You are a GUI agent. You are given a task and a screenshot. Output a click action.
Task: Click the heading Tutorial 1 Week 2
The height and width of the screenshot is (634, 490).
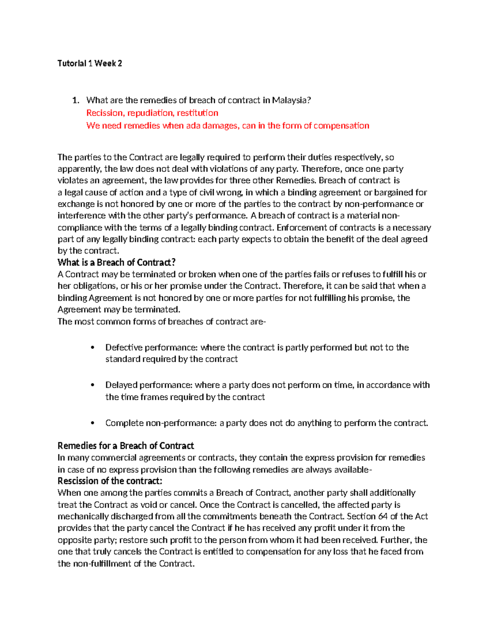pos(90,63)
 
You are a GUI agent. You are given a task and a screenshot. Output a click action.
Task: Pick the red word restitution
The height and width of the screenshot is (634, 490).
pos(197,113)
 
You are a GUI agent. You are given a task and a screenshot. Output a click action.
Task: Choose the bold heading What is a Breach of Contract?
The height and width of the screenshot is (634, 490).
pos(116,262)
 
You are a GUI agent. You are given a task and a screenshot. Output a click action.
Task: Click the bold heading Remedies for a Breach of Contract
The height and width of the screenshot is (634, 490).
pos(126,446)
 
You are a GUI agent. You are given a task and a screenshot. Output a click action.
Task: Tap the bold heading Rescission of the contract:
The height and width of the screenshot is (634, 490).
pos(110,481)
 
